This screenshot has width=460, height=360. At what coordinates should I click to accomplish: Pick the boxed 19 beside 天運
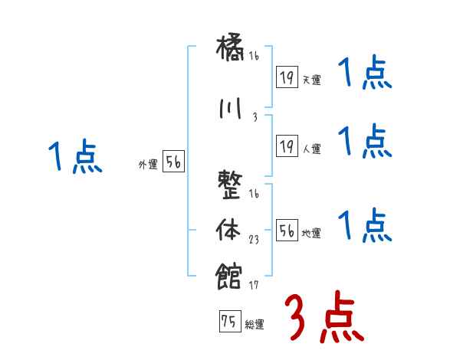(286, 77)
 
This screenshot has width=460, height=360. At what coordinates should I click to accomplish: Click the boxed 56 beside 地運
(286, 231)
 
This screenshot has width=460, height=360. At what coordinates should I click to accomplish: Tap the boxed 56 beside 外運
(172, 162)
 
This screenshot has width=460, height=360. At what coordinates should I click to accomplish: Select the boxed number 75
(228, 322)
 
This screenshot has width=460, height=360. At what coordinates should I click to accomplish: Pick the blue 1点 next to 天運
(365, 74)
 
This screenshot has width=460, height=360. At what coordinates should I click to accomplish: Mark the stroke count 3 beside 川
(254, 117)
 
